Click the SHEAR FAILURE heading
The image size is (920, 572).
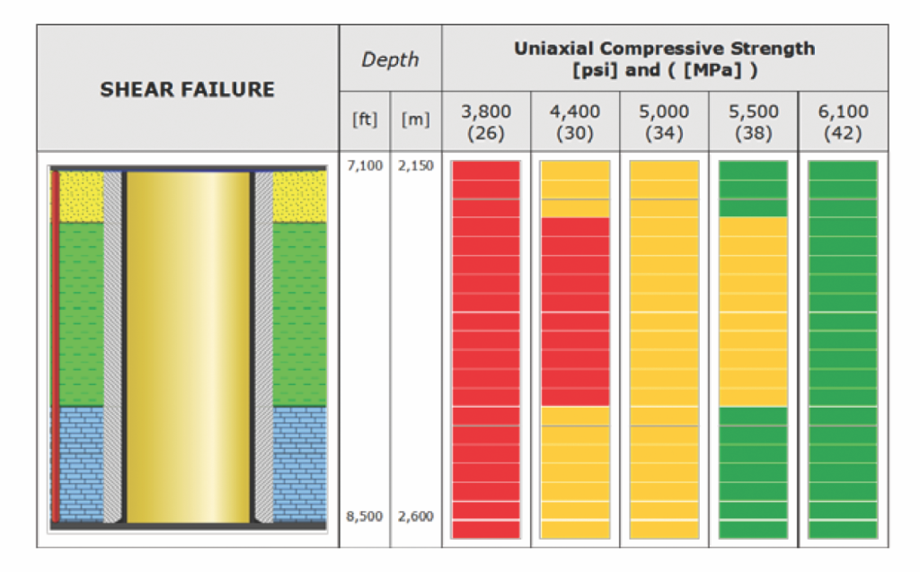pyautogui.click(x=187, y=90)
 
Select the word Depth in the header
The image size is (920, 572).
pyautogui.click(x=390, y=60)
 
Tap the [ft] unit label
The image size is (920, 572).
pyautogui.click(x=365, y=119)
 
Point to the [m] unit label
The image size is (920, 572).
pyautogui.click(x=415, y=119)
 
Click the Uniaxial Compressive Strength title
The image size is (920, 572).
pyautogui.click(x=664, y=58)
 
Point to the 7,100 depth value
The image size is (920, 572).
pyautogui.click(x=364, y=166)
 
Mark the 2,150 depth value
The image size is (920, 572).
pyautogui.click(x=415, y=166)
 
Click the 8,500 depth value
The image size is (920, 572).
pyautogui.click(x=364, y=516)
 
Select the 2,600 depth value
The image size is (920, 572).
pyautogui.click(x=415, y=516)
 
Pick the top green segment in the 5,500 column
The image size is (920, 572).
pyautogui.click(x=753, y=189)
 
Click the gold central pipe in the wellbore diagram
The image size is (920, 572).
pyautogui.click(x=188, y=346)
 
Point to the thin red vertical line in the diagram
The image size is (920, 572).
pyautogui.click(x=56, y=346)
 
